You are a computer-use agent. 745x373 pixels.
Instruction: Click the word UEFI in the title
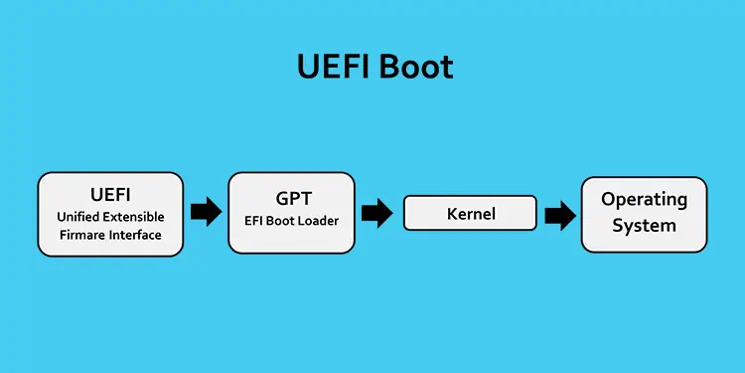tap(333, 66)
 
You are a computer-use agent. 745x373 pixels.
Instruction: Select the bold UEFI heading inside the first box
tap(110, 193)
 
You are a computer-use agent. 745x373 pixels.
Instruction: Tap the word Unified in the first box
tap(80, 216)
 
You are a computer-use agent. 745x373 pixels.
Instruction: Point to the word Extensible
tap(135, 216)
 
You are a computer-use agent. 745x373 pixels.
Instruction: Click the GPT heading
tap(291, 198)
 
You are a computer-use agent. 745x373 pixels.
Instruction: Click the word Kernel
tap(470, 213)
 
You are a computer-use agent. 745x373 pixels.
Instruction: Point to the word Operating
tap(644, 199)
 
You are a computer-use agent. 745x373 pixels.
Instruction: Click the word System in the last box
tap(644, 225)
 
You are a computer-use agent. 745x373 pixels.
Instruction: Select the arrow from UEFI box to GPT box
tap(206, 211)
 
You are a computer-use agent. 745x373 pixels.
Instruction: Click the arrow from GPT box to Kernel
tap(377, 212)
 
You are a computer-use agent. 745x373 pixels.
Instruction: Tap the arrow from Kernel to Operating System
tap(559, 214)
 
